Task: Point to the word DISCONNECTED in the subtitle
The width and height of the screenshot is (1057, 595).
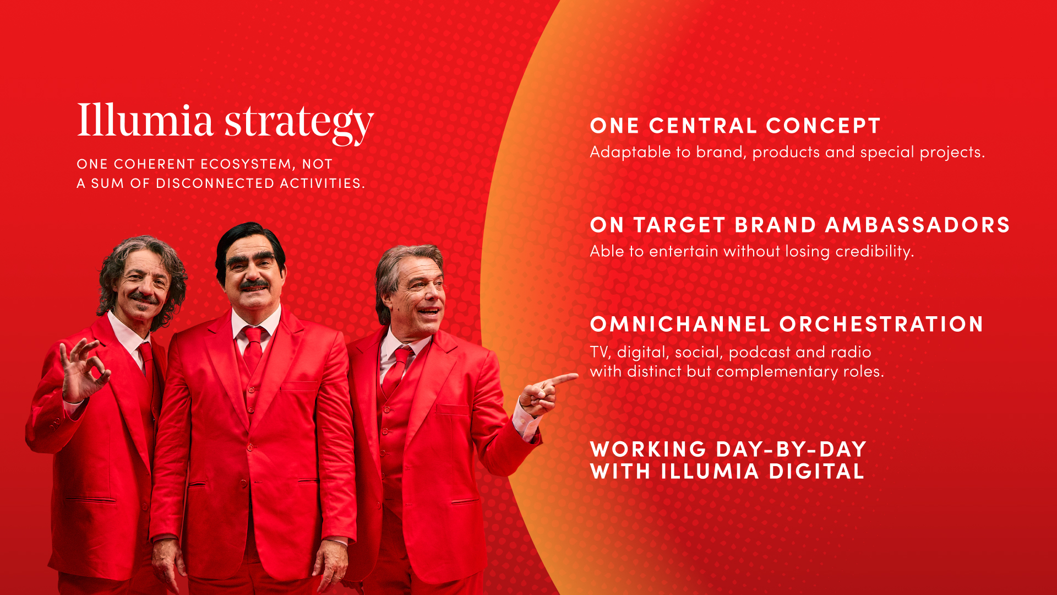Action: pyautogui.click(x=215, y=183)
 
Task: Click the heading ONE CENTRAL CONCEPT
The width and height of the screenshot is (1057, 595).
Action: pyautogui.click(x=735, y=126)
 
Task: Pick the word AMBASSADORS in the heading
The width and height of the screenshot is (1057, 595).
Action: pyautogui.click(x=918, y=225)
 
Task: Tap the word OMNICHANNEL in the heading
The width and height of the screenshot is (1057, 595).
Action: pyautogui.click(x=680, y=324)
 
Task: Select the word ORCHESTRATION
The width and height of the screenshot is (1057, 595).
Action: pyautogui.click(x=881, y=324)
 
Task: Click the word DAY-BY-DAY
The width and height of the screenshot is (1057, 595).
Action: pyautogui.click(x=791, y=450)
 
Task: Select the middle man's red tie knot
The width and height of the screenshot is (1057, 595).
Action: pyautogui.click(x=254, y=333)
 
